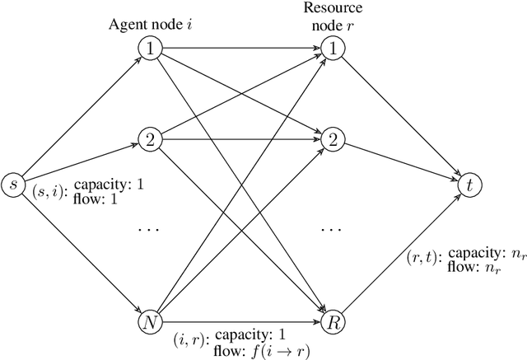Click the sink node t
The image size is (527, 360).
[x=469, y=185]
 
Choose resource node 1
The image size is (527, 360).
[x=331, y=49]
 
